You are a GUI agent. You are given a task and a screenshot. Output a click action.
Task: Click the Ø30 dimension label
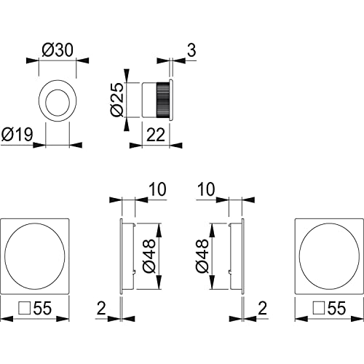click(x=58, y=50)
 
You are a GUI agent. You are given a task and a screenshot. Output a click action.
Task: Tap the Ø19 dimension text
click(x=17, y=134)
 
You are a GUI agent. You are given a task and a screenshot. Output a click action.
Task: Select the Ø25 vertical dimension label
click(x=117, y=100)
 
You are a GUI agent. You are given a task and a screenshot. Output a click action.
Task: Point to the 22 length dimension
click(x=156, y=135)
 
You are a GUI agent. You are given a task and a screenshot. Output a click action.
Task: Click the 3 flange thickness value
click(x=191, y=50)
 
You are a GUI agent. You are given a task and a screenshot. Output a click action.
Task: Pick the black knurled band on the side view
click(x=162, y=100)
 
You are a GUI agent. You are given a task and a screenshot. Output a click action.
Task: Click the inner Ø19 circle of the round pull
click(x=58, y=102)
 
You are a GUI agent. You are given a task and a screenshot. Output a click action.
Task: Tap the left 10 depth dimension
click(x=158, y=189)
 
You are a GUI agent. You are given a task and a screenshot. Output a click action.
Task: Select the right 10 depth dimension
click(x=206, y=189)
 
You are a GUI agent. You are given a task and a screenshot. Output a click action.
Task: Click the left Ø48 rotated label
click(x=149, y=256)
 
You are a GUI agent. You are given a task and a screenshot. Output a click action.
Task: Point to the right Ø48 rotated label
click(x=202, y=256)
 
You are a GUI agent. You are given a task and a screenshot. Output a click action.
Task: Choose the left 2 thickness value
click(x=101, y=308)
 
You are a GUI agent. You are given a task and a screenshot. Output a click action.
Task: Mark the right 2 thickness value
click(x=262, y=308)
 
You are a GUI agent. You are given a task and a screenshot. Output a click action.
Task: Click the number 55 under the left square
click(x=42, y=308)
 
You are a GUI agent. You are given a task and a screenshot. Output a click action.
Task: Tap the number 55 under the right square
click(x=336, y=308)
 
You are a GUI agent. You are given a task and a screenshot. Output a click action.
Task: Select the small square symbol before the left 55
click(x=25, y=308)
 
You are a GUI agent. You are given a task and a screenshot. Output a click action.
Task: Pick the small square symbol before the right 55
click(x=319, y=308)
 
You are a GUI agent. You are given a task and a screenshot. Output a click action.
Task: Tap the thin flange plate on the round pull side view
click(x=171, y=100)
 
